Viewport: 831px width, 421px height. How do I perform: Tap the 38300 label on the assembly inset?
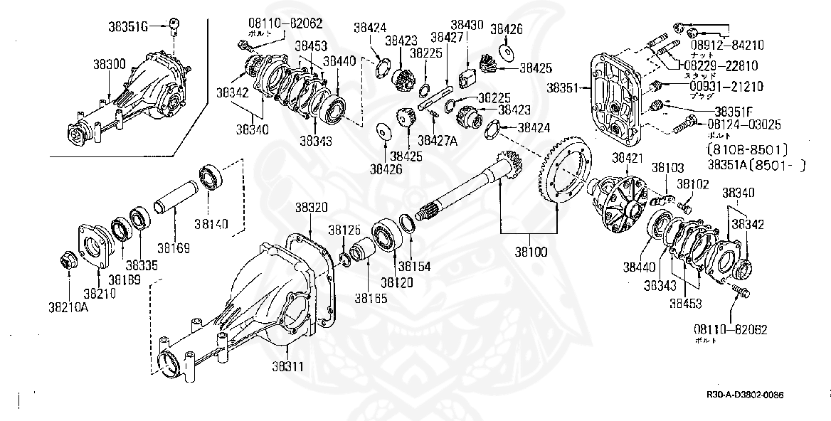pos(109,64)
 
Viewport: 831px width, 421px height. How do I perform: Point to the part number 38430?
pos(467,25)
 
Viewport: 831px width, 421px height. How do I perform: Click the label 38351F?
pos(739,112)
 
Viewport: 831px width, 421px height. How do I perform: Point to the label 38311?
pos(288,367)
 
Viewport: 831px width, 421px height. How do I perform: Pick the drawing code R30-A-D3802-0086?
pos(750,395)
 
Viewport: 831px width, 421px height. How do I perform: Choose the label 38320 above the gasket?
pos(311,208)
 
